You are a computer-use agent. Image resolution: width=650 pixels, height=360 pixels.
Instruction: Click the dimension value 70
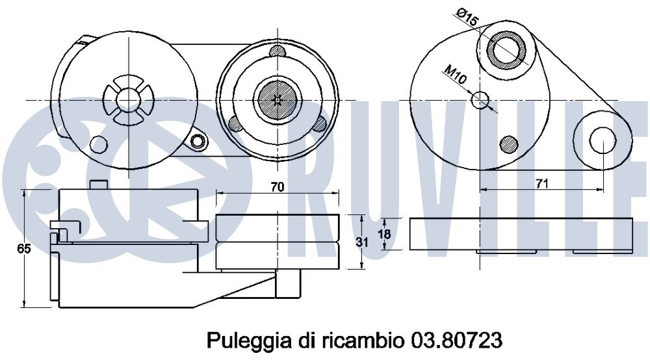278,187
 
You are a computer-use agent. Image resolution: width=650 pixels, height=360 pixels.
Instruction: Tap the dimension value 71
542,183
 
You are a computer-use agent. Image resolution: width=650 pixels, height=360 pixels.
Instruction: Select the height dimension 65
23,249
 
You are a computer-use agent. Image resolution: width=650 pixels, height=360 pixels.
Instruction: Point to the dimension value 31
362,242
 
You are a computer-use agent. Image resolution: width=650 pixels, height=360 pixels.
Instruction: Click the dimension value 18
384,234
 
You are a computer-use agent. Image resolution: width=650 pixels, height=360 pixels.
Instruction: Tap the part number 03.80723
456,341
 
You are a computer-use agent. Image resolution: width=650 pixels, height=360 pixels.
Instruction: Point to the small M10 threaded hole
481,100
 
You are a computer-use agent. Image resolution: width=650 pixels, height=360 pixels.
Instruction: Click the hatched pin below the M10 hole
509,144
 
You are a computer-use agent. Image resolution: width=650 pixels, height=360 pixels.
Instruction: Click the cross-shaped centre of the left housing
129,99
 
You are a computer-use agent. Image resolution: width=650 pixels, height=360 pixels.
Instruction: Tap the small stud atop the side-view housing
99,184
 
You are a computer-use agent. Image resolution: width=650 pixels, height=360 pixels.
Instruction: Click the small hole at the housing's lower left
99,144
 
